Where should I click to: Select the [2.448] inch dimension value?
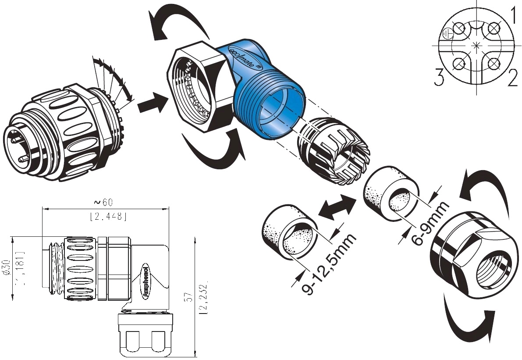tap(108, 216)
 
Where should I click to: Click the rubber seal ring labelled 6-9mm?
tap(391, 190)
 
